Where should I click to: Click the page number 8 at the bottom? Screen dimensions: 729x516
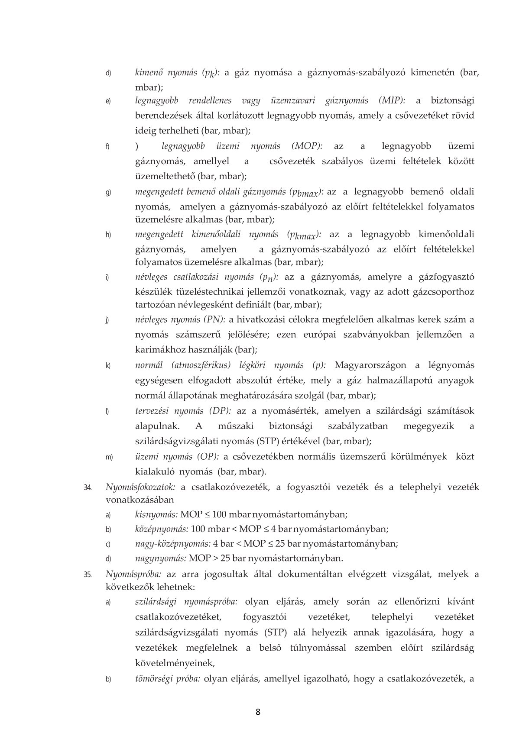pos(258,712)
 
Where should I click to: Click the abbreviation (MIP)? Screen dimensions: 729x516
pos(393,101)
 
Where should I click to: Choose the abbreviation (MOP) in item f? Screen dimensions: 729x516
pos(307,146)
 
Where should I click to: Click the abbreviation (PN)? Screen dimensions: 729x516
pos(215,320)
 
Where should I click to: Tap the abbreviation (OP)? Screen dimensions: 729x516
pos(208,457)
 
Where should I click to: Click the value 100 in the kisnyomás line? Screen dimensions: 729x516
pos(219,515)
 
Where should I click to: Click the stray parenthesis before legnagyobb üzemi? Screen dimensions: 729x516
pos(137,147)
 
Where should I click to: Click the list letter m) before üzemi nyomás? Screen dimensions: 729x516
pos(109,458)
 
